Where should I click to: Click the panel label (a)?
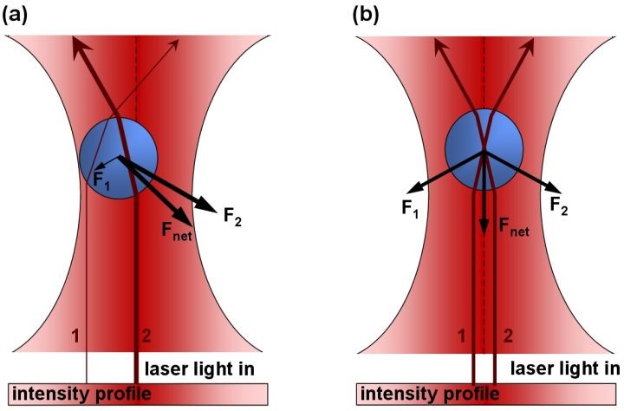pyautogui.click(x=19, y=15)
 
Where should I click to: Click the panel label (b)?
pyautogui.click(x=368, y=15)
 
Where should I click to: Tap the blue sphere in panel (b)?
pyautogui.click(x=484, y=149)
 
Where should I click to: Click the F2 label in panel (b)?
pyautogui.click(x=561, y=205)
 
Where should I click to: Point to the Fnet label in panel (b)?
pyautogui.click(x=512, y=229)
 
